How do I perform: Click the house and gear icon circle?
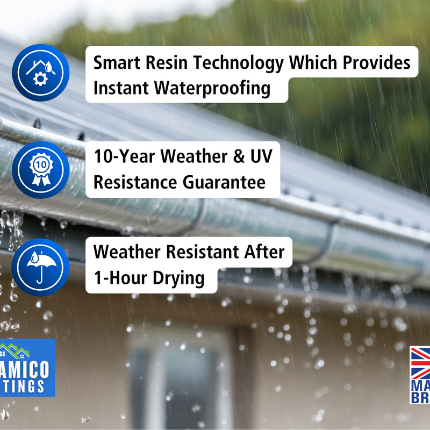(x=40, y=73)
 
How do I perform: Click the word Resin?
(x=164, y=63)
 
